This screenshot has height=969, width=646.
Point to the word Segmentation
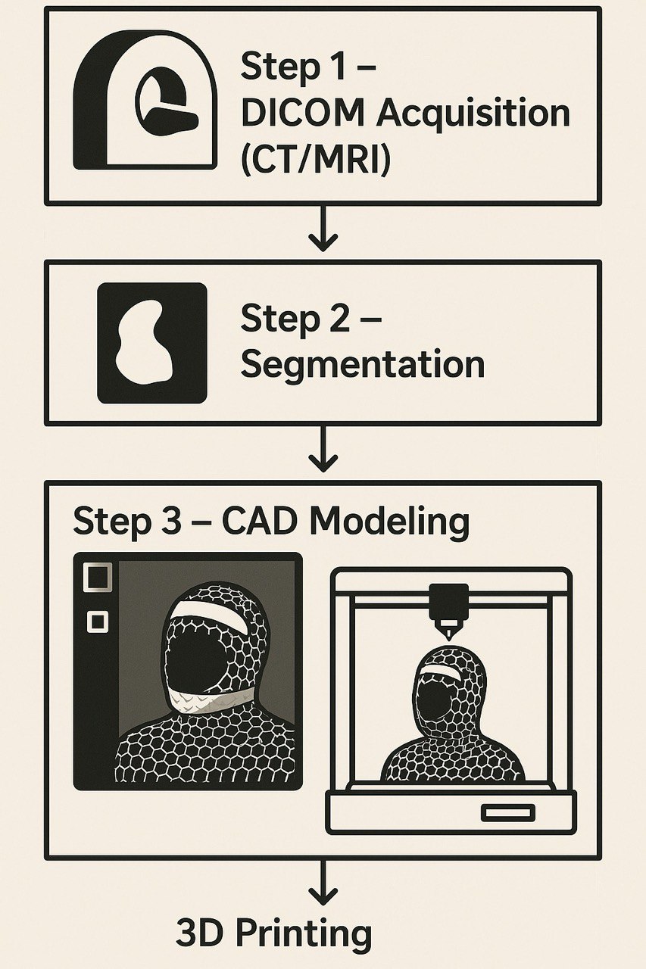pos(363,365)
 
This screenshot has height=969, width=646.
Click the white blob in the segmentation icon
pos(145,341)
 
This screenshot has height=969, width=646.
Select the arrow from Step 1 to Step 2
pos(323,228)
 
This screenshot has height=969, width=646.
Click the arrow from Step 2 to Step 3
pos(323,449)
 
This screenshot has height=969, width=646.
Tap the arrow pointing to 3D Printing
pos(323,883)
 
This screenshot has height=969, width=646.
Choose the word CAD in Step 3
pos(260,519)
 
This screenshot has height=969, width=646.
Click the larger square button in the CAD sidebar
pos(98,578)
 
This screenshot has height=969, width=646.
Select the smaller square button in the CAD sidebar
pos(98,622)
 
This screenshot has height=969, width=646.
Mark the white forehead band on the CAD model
pos(212,619)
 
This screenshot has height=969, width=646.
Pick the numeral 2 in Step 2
pos(338,319)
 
